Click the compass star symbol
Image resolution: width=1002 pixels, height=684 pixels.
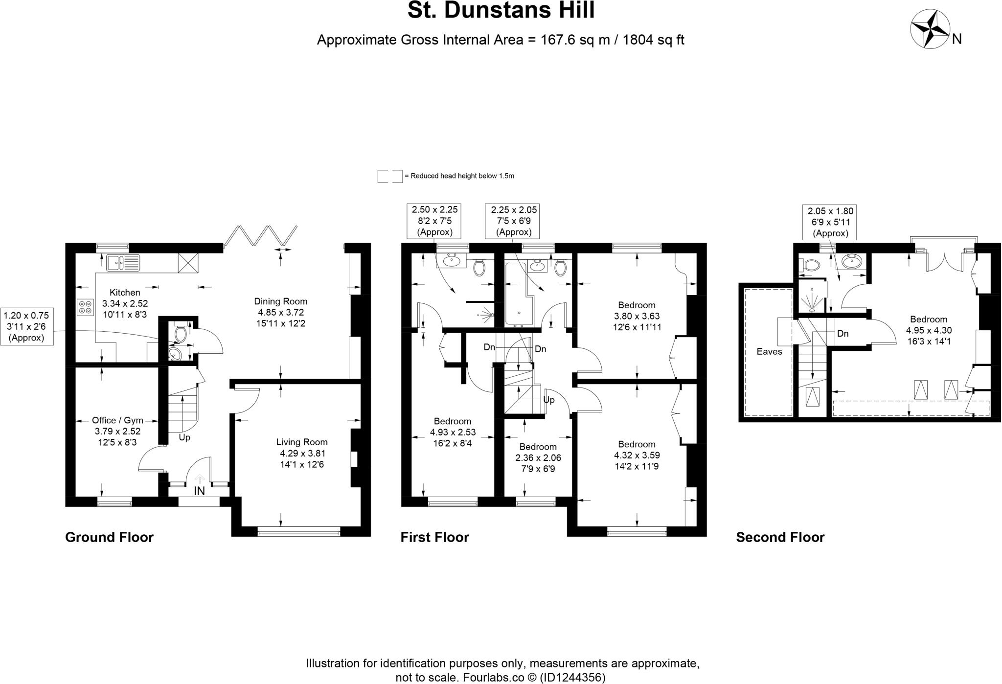[930, 29]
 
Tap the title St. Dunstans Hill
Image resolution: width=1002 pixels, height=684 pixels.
[501, 11]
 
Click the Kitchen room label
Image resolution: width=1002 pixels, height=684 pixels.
[125, 293]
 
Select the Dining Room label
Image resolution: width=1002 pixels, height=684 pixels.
[280, 301]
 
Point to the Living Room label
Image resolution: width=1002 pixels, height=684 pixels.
[301, 442]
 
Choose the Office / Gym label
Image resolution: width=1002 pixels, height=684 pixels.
[117, 420]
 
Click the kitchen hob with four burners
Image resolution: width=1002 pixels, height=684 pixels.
[85, 307]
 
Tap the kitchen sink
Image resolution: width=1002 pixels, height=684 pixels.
[123, 263]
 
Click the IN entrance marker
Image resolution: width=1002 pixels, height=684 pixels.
[199, 491]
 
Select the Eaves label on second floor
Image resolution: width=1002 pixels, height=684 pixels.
[769, 351]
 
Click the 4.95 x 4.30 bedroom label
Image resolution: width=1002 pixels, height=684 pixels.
[929, 330]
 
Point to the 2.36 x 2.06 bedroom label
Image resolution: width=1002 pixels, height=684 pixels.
[538, 458]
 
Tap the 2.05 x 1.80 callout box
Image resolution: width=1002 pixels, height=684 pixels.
[830, 222]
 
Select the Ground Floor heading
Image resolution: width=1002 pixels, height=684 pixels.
[109, 537]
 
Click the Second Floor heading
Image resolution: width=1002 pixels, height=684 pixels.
[780, 537]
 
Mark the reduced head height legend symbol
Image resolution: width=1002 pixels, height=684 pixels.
[389, 176]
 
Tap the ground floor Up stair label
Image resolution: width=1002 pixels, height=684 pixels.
[184, 437]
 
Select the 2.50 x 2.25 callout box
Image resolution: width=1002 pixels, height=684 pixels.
[434, 221]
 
